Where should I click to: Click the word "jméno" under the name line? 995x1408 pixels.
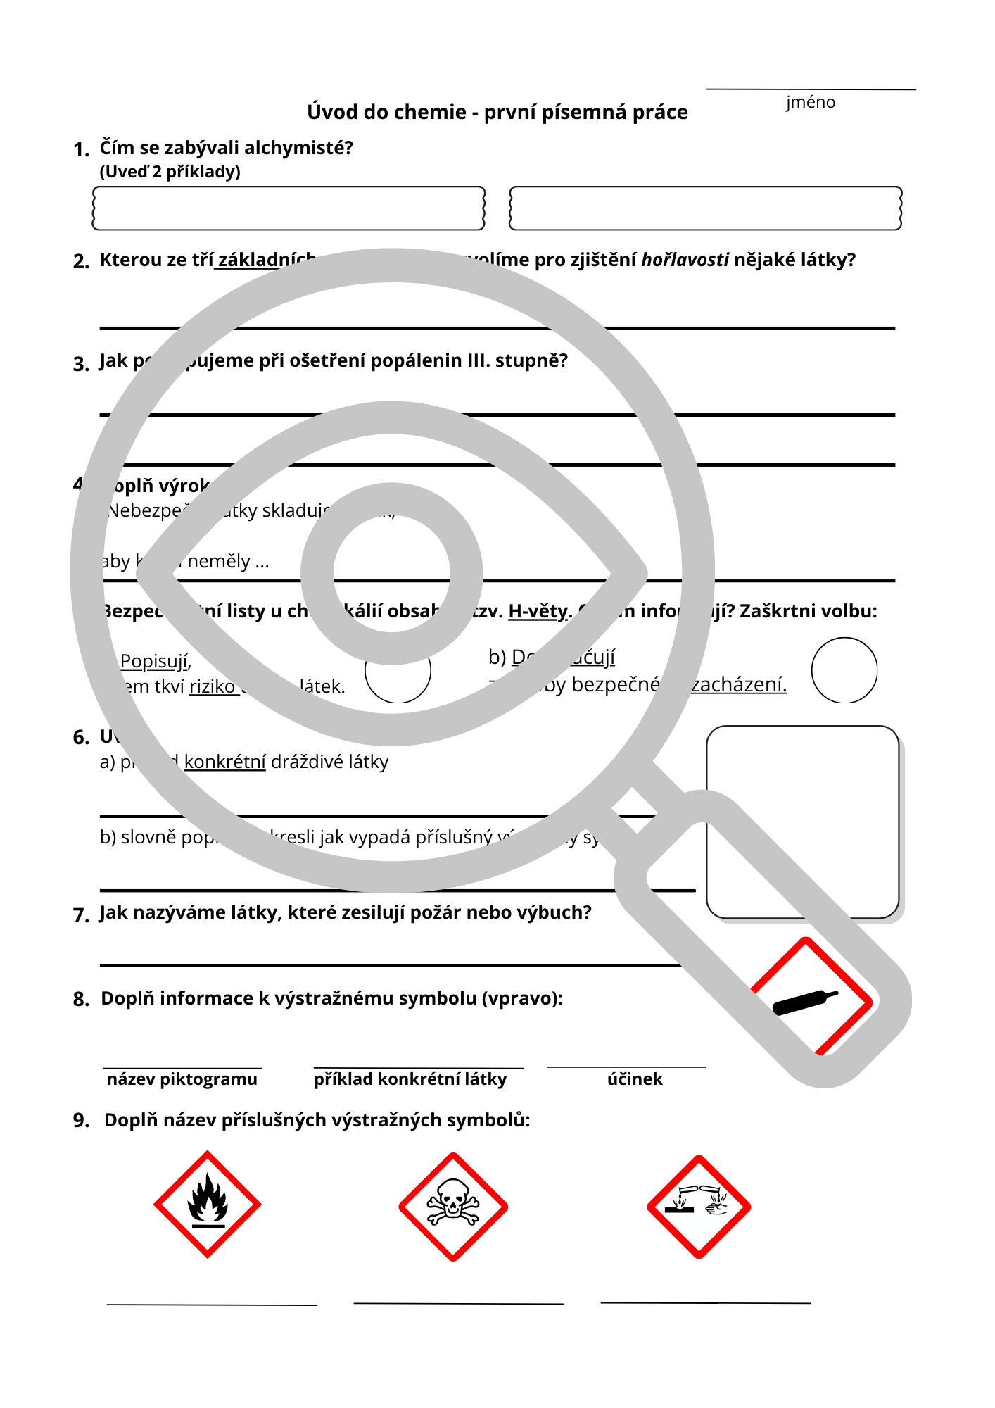coord(811,103)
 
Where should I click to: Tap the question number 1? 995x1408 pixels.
coord(81,149)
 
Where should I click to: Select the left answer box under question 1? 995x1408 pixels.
coord(289,208)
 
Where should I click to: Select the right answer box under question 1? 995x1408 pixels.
coord(705,208)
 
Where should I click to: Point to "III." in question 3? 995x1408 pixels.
coord(479,361)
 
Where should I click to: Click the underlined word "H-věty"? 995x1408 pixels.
coord(538,611)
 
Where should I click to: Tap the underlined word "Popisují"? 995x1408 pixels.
coord(154,661)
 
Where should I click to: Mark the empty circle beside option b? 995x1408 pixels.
coord(844,670)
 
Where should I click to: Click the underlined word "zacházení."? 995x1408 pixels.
coord(738,684)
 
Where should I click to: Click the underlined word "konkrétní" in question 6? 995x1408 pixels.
coord(224,762)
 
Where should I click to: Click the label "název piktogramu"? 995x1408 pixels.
coord(182,1079)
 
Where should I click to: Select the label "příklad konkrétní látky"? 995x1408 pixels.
coord(410,1079)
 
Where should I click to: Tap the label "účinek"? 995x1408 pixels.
coord(635,1079)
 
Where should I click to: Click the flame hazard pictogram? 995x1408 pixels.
coord(208,1205)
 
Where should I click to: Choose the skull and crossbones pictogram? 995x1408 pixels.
coord(453,1207)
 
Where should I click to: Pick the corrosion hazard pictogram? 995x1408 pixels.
coord(699,1207)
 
